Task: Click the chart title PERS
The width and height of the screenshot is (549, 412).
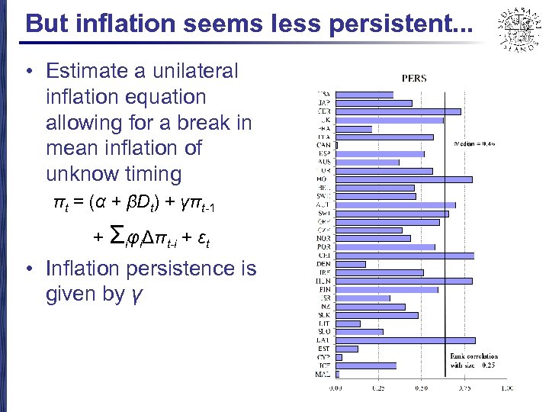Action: coord(415,78)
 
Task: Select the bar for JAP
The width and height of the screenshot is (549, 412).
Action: coord(374,103)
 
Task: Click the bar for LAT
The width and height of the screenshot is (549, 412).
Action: coord(405,340)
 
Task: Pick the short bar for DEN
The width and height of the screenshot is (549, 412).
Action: coord(350,264)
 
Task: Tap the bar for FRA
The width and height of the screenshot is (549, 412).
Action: coord(353,129)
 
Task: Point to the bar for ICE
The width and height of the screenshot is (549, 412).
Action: coord(365,365)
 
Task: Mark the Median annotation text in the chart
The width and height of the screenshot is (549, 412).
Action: coord(474,143)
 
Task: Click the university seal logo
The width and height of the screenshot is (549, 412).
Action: coord(518,29)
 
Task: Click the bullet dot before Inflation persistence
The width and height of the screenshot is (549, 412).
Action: coord(28,269)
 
